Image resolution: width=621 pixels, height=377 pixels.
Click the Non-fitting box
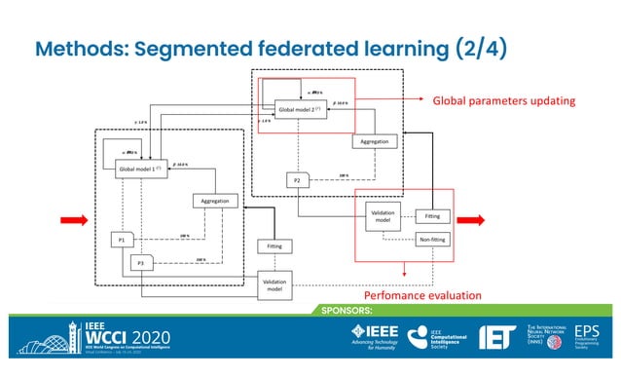coord(431,238)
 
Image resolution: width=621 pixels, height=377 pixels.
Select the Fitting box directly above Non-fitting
coord(431,215)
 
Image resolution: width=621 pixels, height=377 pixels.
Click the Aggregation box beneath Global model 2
coord(374,141)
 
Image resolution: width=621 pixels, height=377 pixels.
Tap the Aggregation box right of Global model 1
coord(215,201)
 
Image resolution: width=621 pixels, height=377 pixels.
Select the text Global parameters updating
coord(504,99)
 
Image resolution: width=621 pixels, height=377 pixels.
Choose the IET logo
coord(502,337)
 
